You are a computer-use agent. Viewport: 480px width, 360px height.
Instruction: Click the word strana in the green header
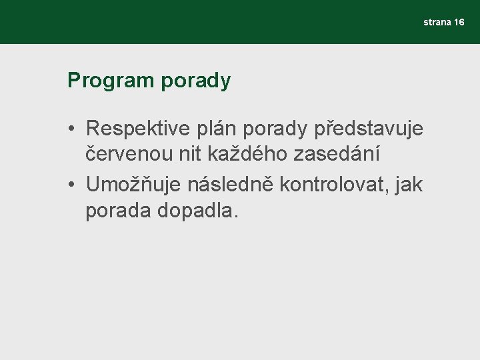(437, 23)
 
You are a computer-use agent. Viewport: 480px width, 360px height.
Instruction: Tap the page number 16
(459, 23)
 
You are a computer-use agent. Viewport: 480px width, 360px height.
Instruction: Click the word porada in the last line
(119, 212)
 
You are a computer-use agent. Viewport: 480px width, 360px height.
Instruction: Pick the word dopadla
(197, 212)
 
